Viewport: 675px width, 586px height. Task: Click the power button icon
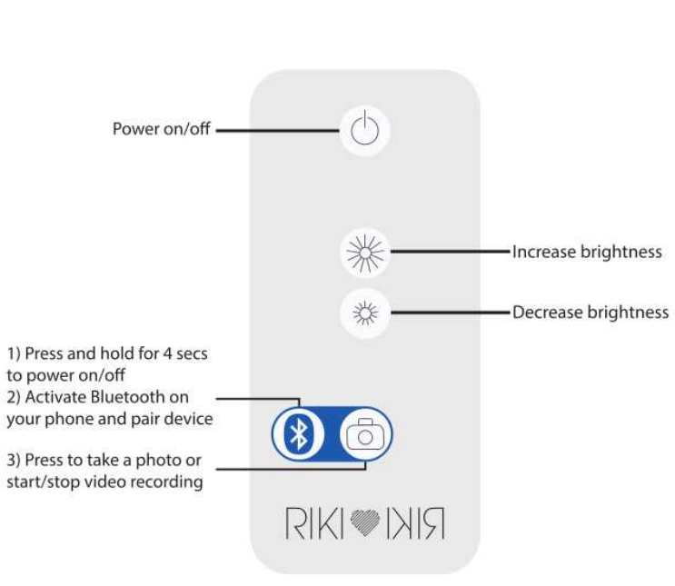pos(364,131)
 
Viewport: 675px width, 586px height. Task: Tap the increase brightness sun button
pos(365,252)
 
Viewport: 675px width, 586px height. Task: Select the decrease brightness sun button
pos(365,313)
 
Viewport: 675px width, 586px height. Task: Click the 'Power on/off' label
pos(161,129)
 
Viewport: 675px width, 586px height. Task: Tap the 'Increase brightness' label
pos(587,252)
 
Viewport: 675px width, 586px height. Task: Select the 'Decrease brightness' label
pos(591,313)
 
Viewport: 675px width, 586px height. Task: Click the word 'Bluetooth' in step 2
pos(134,397)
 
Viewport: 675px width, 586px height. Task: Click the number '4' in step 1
pos(167,353)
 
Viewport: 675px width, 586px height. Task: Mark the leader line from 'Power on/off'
pos(277,130)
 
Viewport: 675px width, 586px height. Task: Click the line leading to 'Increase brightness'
pos(450,252)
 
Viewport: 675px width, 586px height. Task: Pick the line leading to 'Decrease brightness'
pos(450,313)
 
